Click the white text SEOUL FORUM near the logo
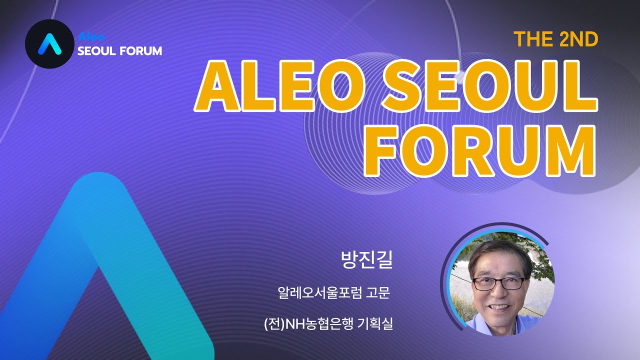[x=119, y=50]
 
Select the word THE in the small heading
[x=533, y=39]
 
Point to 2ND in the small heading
[x=578, y=39]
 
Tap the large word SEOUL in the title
[x=490, y=87]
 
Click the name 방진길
[x=366, y=260]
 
